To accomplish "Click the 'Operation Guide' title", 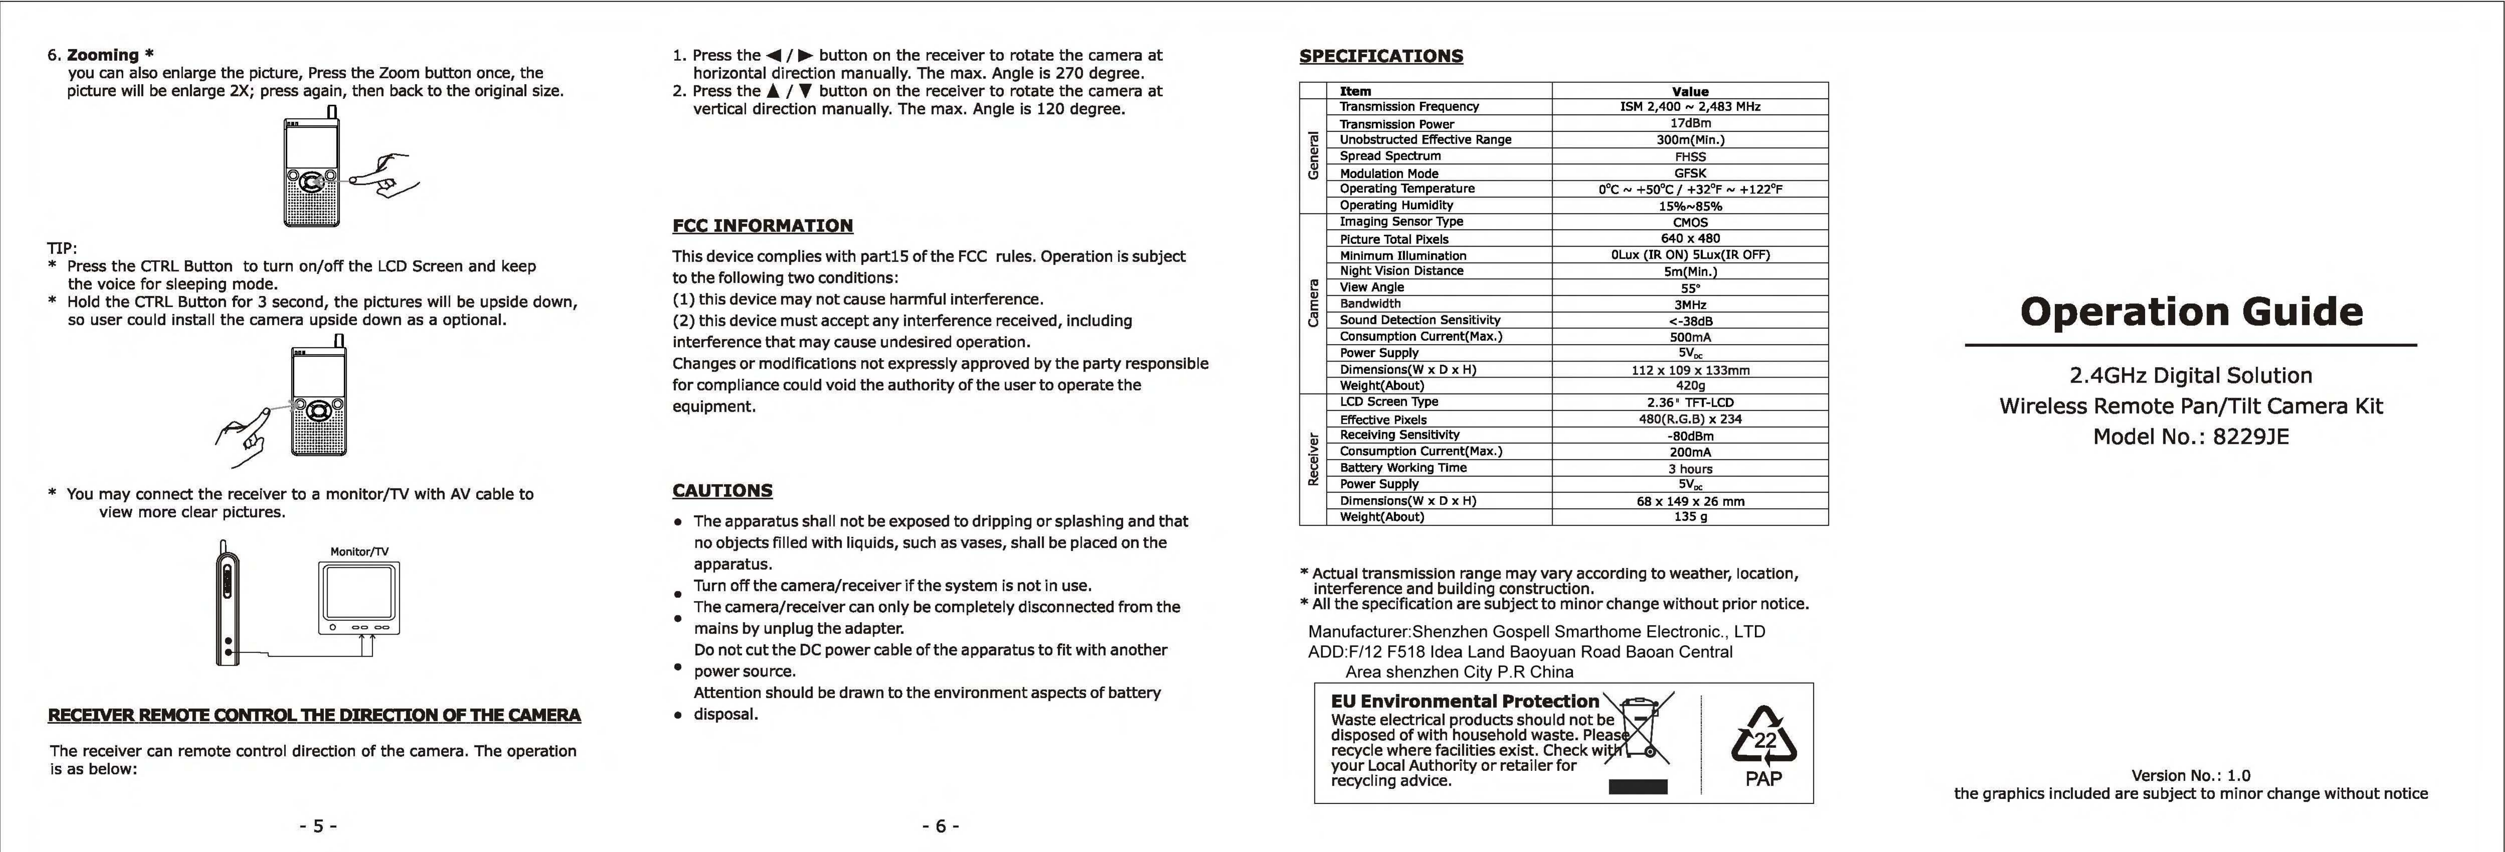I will (2191, 312).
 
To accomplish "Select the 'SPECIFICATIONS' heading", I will (1381, 56).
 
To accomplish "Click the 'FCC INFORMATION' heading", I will (762, 226).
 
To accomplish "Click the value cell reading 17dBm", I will (1690, 123).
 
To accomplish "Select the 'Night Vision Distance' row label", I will (1401, 271).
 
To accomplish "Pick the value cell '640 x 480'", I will (1690, 238).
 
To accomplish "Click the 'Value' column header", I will (1690, 91).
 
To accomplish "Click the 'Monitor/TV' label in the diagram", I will (359, 551).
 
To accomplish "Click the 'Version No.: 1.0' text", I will (2190, 775).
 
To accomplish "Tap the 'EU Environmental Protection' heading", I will (1465, 701).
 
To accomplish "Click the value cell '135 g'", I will (1690, 517).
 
